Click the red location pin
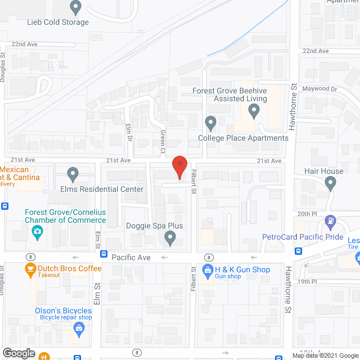(179, 167)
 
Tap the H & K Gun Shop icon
(208, 270)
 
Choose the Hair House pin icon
(330, 183)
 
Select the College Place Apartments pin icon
(210, 122)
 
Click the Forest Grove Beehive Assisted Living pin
(254, 111)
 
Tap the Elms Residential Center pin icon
(73, 175)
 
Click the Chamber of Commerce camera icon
(37, 231)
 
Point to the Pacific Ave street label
(131, 257)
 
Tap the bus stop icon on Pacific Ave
(104, 254)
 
